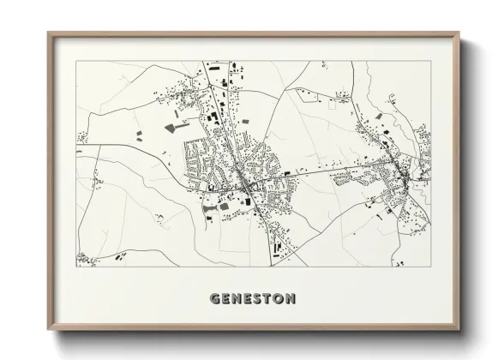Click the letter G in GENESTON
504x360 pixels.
214,299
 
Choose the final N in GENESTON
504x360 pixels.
291,299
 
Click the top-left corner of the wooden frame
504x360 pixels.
48,33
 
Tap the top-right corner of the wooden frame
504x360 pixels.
460,33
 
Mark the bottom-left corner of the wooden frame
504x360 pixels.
48,331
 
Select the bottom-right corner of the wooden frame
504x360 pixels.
460,331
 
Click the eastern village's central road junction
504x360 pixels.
400,173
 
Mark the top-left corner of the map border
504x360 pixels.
76,61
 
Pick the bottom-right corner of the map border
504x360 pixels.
431,267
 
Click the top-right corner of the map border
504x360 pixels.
431,61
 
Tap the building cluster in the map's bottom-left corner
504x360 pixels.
87,257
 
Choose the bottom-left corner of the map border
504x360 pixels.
76,267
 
